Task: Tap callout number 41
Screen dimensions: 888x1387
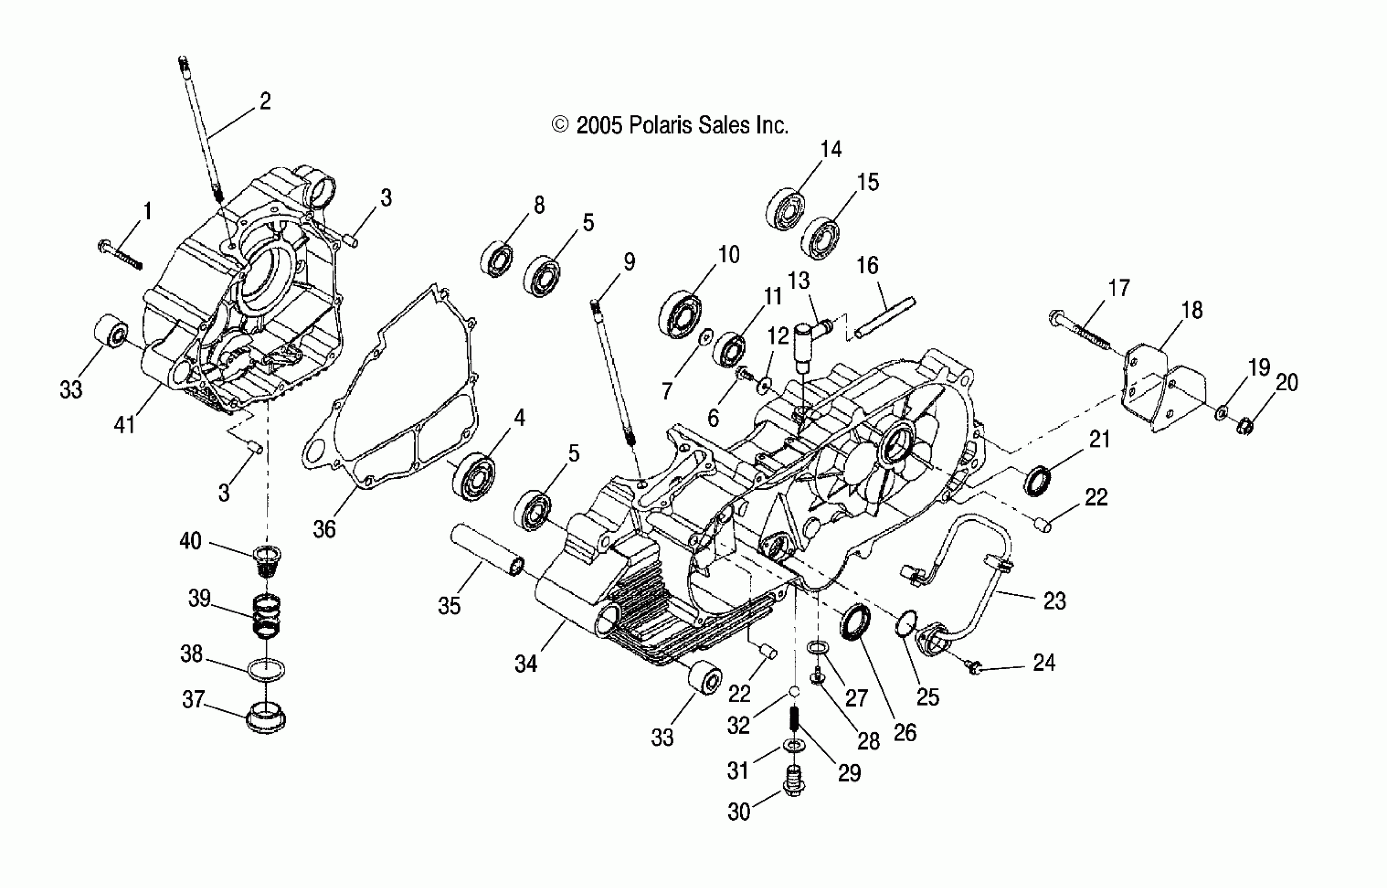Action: tap(124, 425)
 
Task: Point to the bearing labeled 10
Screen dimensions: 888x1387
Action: tap(680, 315)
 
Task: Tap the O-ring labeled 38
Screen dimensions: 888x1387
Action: tap(266, 670)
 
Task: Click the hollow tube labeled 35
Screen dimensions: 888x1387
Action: tap(487, 549)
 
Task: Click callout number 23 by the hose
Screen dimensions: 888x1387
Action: tap(1054, 601)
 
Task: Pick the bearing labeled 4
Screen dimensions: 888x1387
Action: tap(473, 476)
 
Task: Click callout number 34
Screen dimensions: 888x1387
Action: tap(526, 664)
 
